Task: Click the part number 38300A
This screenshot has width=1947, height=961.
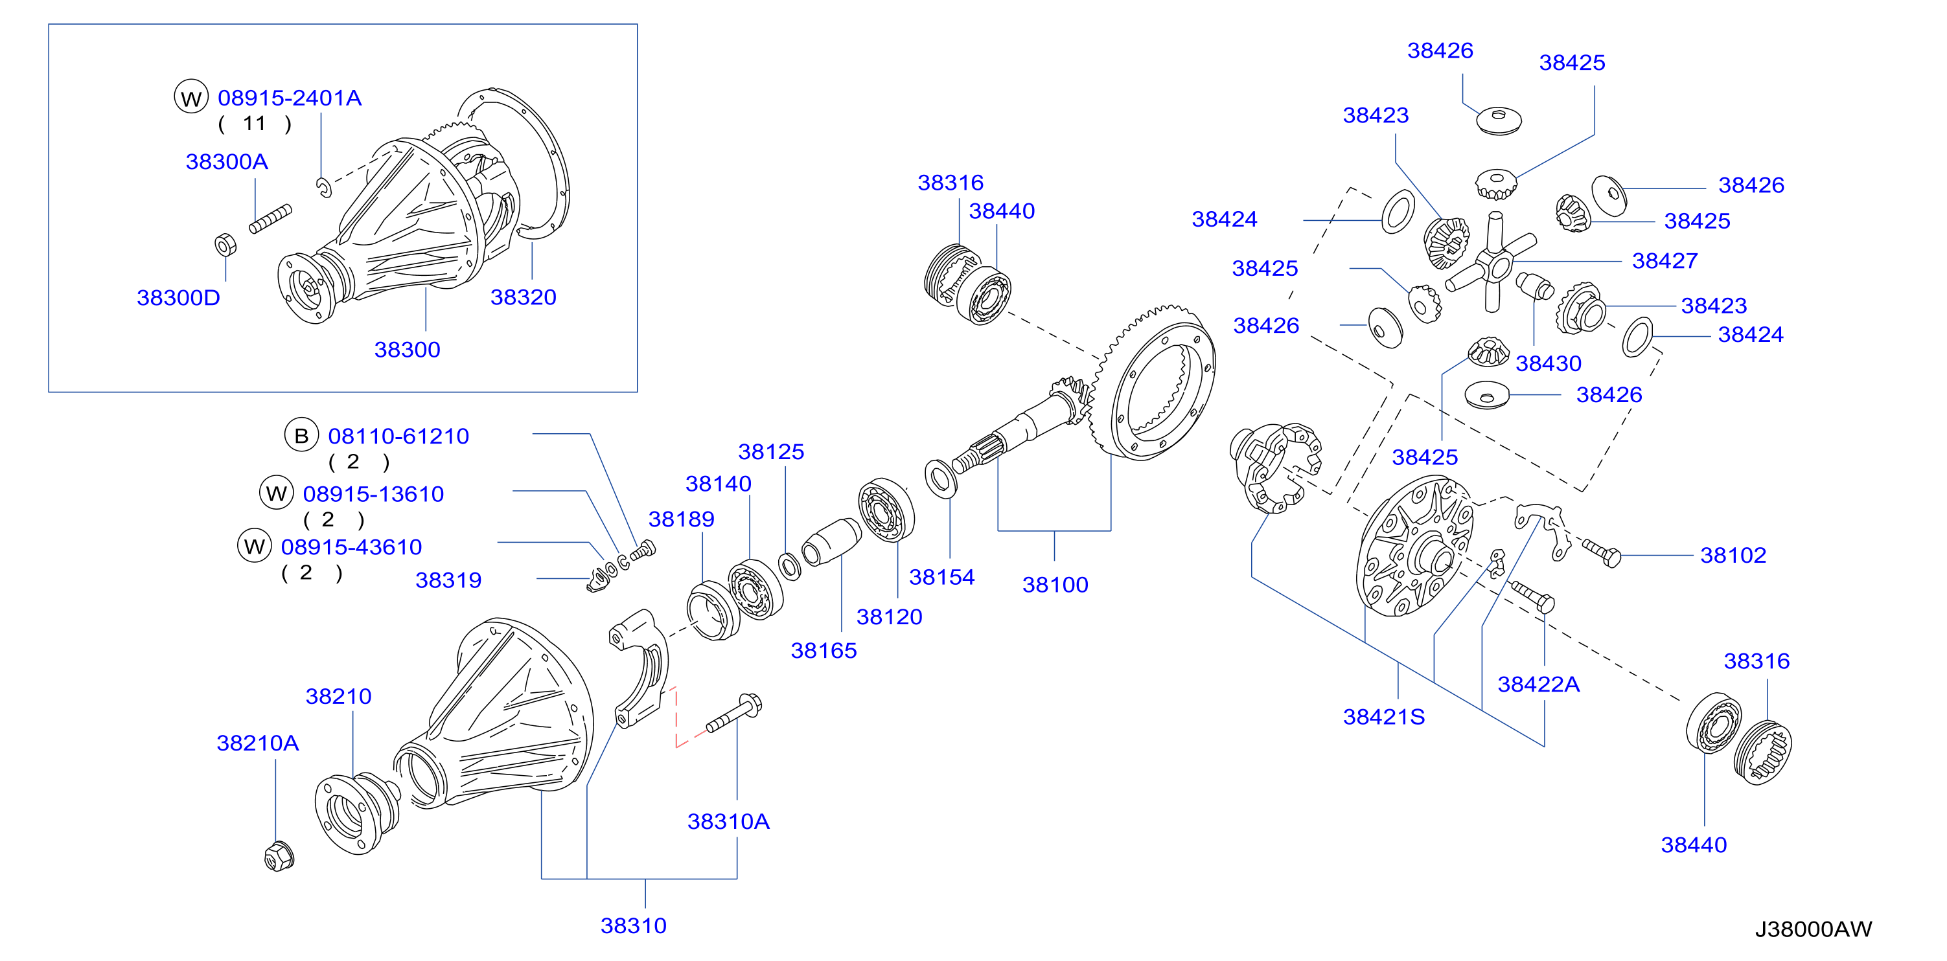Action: (227, 162)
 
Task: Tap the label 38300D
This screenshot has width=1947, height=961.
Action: (178, 298)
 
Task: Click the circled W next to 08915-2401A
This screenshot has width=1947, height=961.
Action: (191, 97)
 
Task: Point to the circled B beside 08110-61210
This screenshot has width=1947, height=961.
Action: (301, 435)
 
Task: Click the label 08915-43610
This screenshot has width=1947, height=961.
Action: (351, 547)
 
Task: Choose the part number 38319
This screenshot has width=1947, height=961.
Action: (448, 580)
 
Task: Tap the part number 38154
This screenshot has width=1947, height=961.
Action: (942, 577)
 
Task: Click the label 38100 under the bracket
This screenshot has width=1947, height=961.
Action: (1055, 585)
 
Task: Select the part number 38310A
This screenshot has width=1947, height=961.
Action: (729, 821)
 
